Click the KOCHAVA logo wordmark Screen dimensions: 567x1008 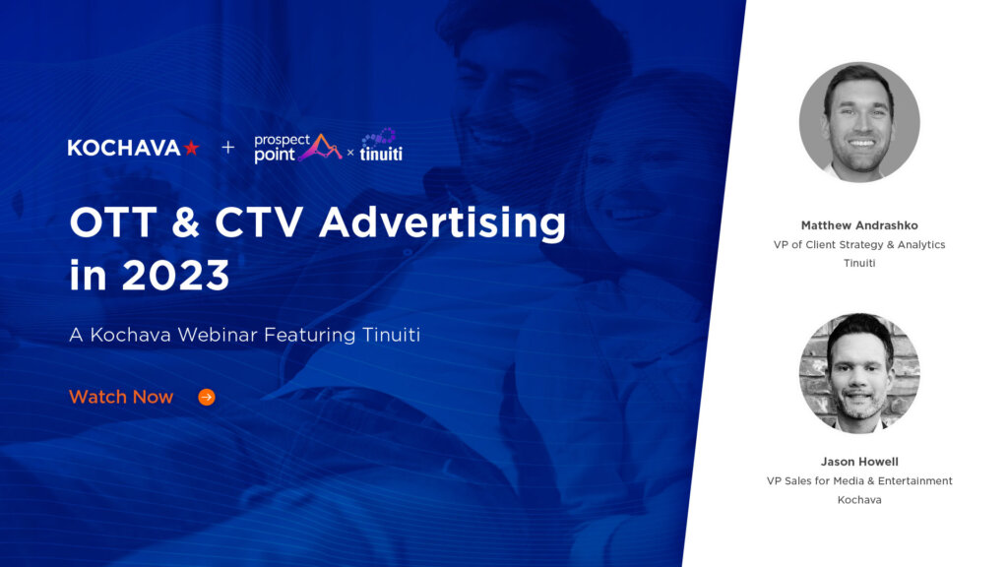point(124,148)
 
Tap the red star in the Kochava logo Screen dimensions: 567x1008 point(191,148)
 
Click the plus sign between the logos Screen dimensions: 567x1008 point(228,148)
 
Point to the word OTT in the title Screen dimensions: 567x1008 point(106,223)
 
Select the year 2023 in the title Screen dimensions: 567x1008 point(176,276)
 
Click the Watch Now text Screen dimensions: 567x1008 point(120,397)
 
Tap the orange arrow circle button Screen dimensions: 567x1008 point(207,397)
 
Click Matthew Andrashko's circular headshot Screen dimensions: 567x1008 point(859,123)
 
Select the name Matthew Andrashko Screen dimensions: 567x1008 point(859,224)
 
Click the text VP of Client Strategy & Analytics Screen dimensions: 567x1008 point(859,244)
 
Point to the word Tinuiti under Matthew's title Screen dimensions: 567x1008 point(859,263)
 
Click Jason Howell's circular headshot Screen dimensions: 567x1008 point(859,373)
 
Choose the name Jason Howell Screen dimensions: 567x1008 point(859,462)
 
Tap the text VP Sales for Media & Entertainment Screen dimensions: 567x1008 point(859,481)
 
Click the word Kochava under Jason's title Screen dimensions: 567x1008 point(859,500)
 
